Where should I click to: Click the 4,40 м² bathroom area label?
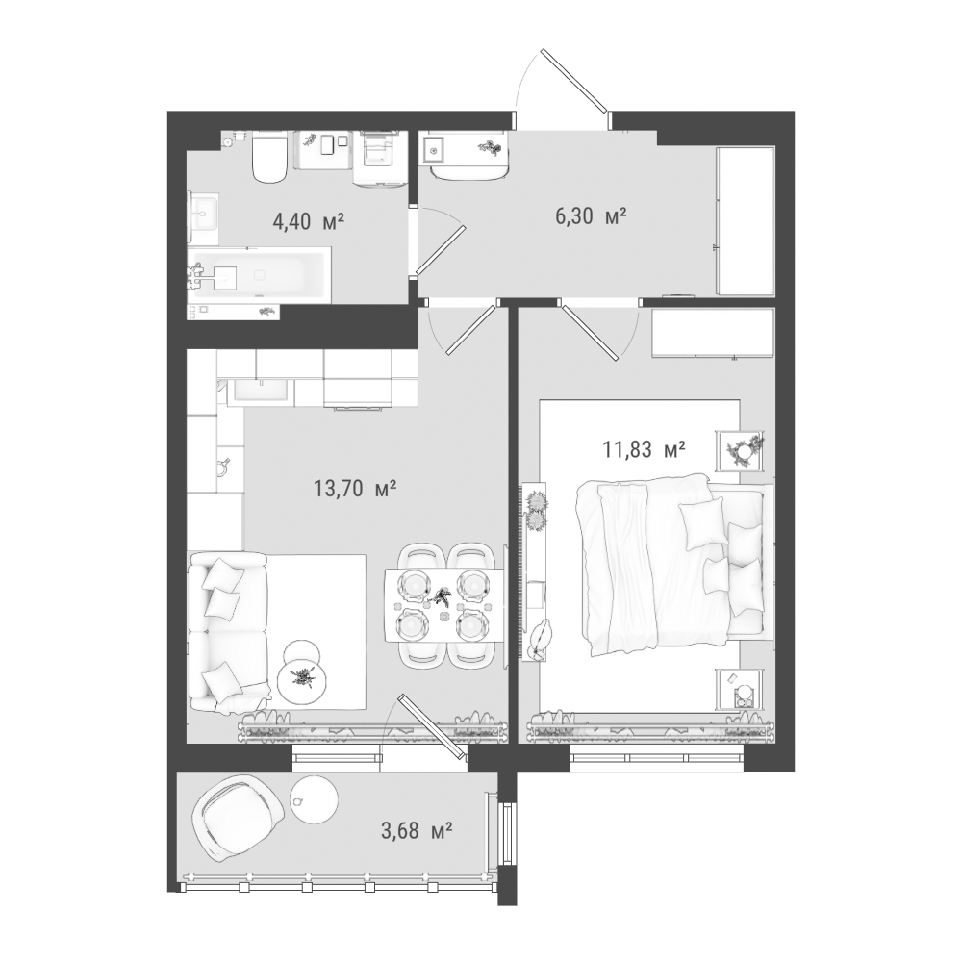click(308, 221)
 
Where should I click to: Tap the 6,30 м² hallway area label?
click(591, 215)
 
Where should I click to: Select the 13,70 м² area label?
click(355, 489)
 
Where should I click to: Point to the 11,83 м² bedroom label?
click(644, 450)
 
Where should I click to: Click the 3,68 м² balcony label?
click(418, 831)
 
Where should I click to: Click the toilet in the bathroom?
click(269, 157)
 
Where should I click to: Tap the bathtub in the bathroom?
click(259, 275)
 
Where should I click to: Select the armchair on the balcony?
click(240, 819)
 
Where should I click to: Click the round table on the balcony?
click(313, 800)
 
